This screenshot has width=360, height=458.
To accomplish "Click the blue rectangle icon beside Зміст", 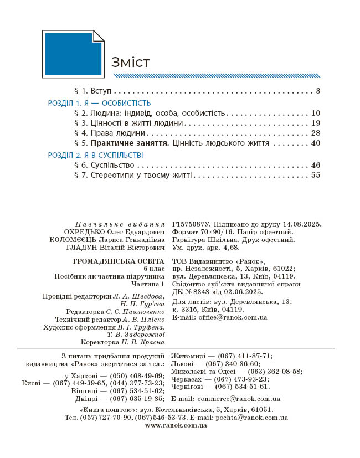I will pos(73,54).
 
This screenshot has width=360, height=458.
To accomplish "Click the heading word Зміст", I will pos(130,62).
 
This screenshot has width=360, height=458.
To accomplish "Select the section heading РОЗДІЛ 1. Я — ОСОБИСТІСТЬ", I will pos(99,103).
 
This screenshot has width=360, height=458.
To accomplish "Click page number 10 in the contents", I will pos(316,112).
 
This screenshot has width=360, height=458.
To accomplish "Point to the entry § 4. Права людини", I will pos(110,133).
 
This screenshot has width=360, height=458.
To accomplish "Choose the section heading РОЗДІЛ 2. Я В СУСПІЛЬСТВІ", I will pos(95,156).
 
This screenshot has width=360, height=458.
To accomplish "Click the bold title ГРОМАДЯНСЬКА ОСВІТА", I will pos(119,260).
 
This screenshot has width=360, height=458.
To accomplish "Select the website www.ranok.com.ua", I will pos(176,425).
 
